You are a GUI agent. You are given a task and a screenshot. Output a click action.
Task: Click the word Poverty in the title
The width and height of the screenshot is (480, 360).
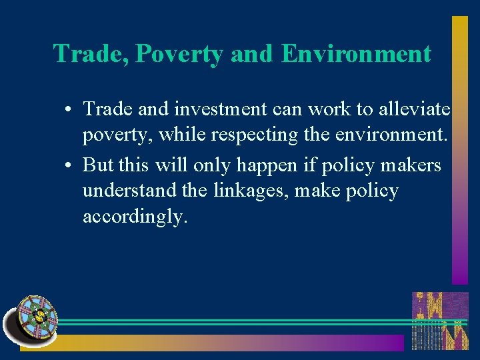(179, 54)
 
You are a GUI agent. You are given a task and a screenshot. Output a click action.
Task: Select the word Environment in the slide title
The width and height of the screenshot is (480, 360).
(356, 53)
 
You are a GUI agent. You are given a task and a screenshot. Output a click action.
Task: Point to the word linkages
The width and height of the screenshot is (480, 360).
(247, 192)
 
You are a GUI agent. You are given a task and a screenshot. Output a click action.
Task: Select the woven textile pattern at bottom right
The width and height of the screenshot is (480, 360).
(439, 321)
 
